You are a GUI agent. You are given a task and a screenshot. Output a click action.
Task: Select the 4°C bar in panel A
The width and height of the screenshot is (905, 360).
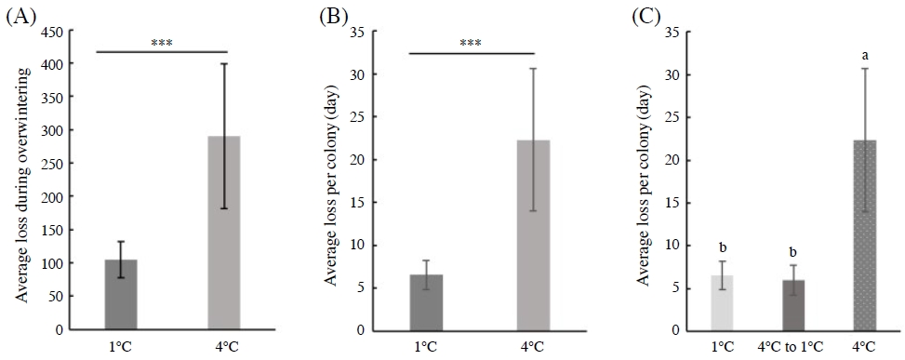(x=224, y=233)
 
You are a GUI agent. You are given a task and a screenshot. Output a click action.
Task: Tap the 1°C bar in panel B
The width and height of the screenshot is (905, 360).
(x=426, y=301)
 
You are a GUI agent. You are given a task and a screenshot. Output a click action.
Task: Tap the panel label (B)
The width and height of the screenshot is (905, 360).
(x=332, y=16)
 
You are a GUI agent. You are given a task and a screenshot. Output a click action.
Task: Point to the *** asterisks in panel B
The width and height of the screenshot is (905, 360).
(x=471, y=42)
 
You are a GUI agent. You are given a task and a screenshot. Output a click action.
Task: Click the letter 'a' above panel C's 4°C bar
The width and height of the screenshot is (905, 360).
(x=865, y=56)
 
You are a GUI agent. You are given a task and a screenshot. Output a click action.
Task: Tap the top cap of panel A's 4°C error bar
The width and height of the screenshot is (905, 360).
(x=224, y=64)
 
